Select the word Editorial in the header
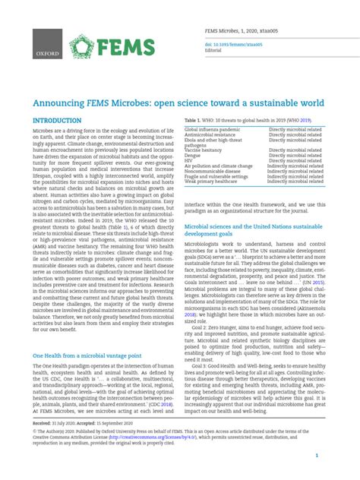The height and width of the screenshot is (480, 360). pos(216,51)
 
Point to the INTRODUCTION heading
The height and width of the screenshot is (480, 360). pos(57,122)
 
